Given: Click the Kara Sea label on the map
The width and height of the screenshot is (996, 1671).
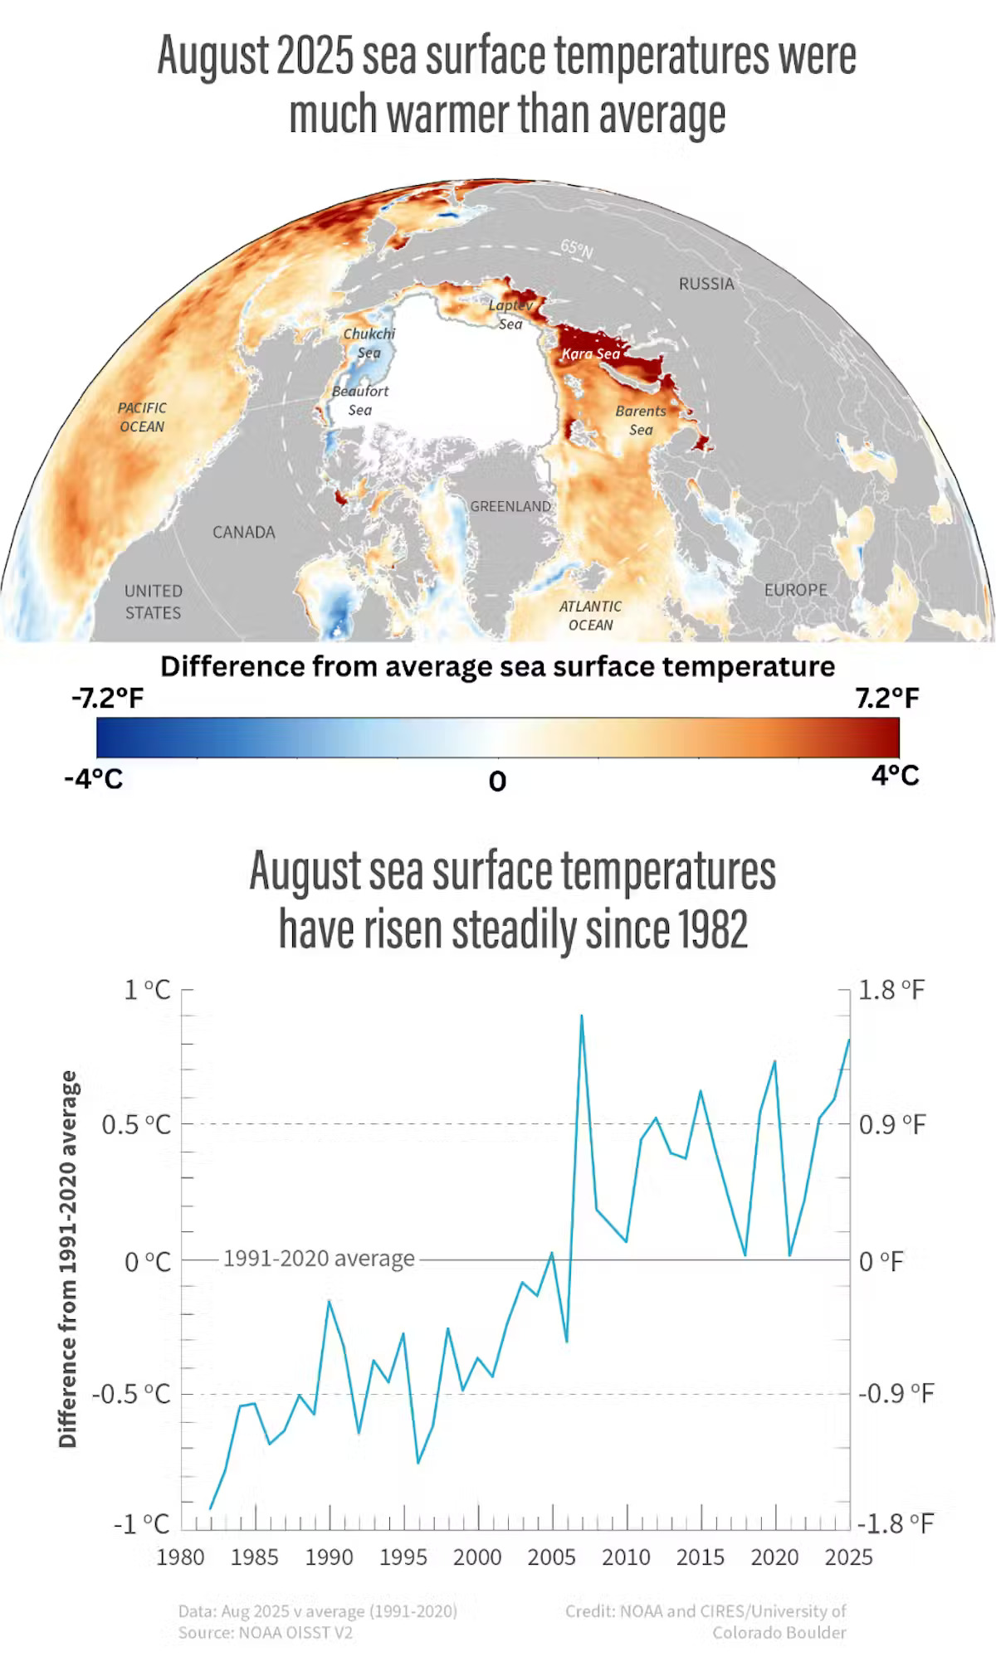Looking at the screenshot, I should pos(590,353).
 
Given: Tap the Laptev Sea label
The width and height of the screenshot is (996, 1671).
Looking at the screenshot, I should pos(510,314).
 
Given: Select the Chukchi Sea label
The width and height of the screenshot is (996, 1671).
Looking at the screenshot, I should pos(369,343).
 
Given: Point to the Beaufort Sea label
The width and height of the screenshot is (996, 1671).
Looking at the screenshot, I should pos(360,400).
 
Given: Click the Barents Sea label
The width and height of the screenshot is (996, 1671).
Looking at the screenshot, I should pos(641,420).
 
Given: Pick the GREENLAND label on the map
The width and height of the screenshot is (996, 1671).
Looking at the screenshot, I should pos(510,506).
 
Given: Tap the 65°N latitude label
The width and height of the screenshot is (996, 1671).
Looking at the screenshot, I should pos(577,248).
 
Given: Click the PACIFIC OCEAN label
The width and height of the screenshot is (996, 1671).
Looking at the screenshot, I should pos(142,417).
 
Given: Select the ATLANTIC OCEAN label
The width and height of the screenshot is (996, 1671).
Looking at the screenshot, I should pos(590,616).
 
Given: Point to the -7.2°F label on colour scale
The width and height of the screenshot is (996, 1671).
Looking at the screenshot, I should pos(108,698).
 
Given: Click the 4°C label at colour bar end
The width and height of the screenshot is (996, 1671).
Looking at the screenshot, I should pos(895,775).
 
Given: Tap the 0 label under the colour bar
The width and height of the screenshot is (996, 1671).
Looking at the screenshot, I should pos(497,781).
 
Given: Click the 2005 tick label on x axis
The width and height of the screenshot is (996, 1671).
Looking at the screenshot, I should pos(551,1557).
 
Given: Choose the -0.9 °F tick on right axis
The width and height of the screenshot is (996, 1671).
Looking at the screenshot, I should pos(896,1392).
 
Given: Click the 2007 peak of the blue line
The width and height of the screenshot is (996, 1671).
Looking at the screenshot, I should pos(581,1016).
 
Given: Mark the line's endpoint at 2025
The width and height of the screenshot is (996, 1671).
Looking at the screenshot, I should pos(849,1040).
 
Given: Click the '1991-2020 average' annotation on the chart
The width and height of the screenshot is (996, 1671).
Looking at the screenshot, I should pos(319,1259).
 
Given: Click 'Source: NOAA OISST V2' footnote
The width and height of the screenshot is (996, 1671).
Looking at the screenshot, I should pos(266,1633).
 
